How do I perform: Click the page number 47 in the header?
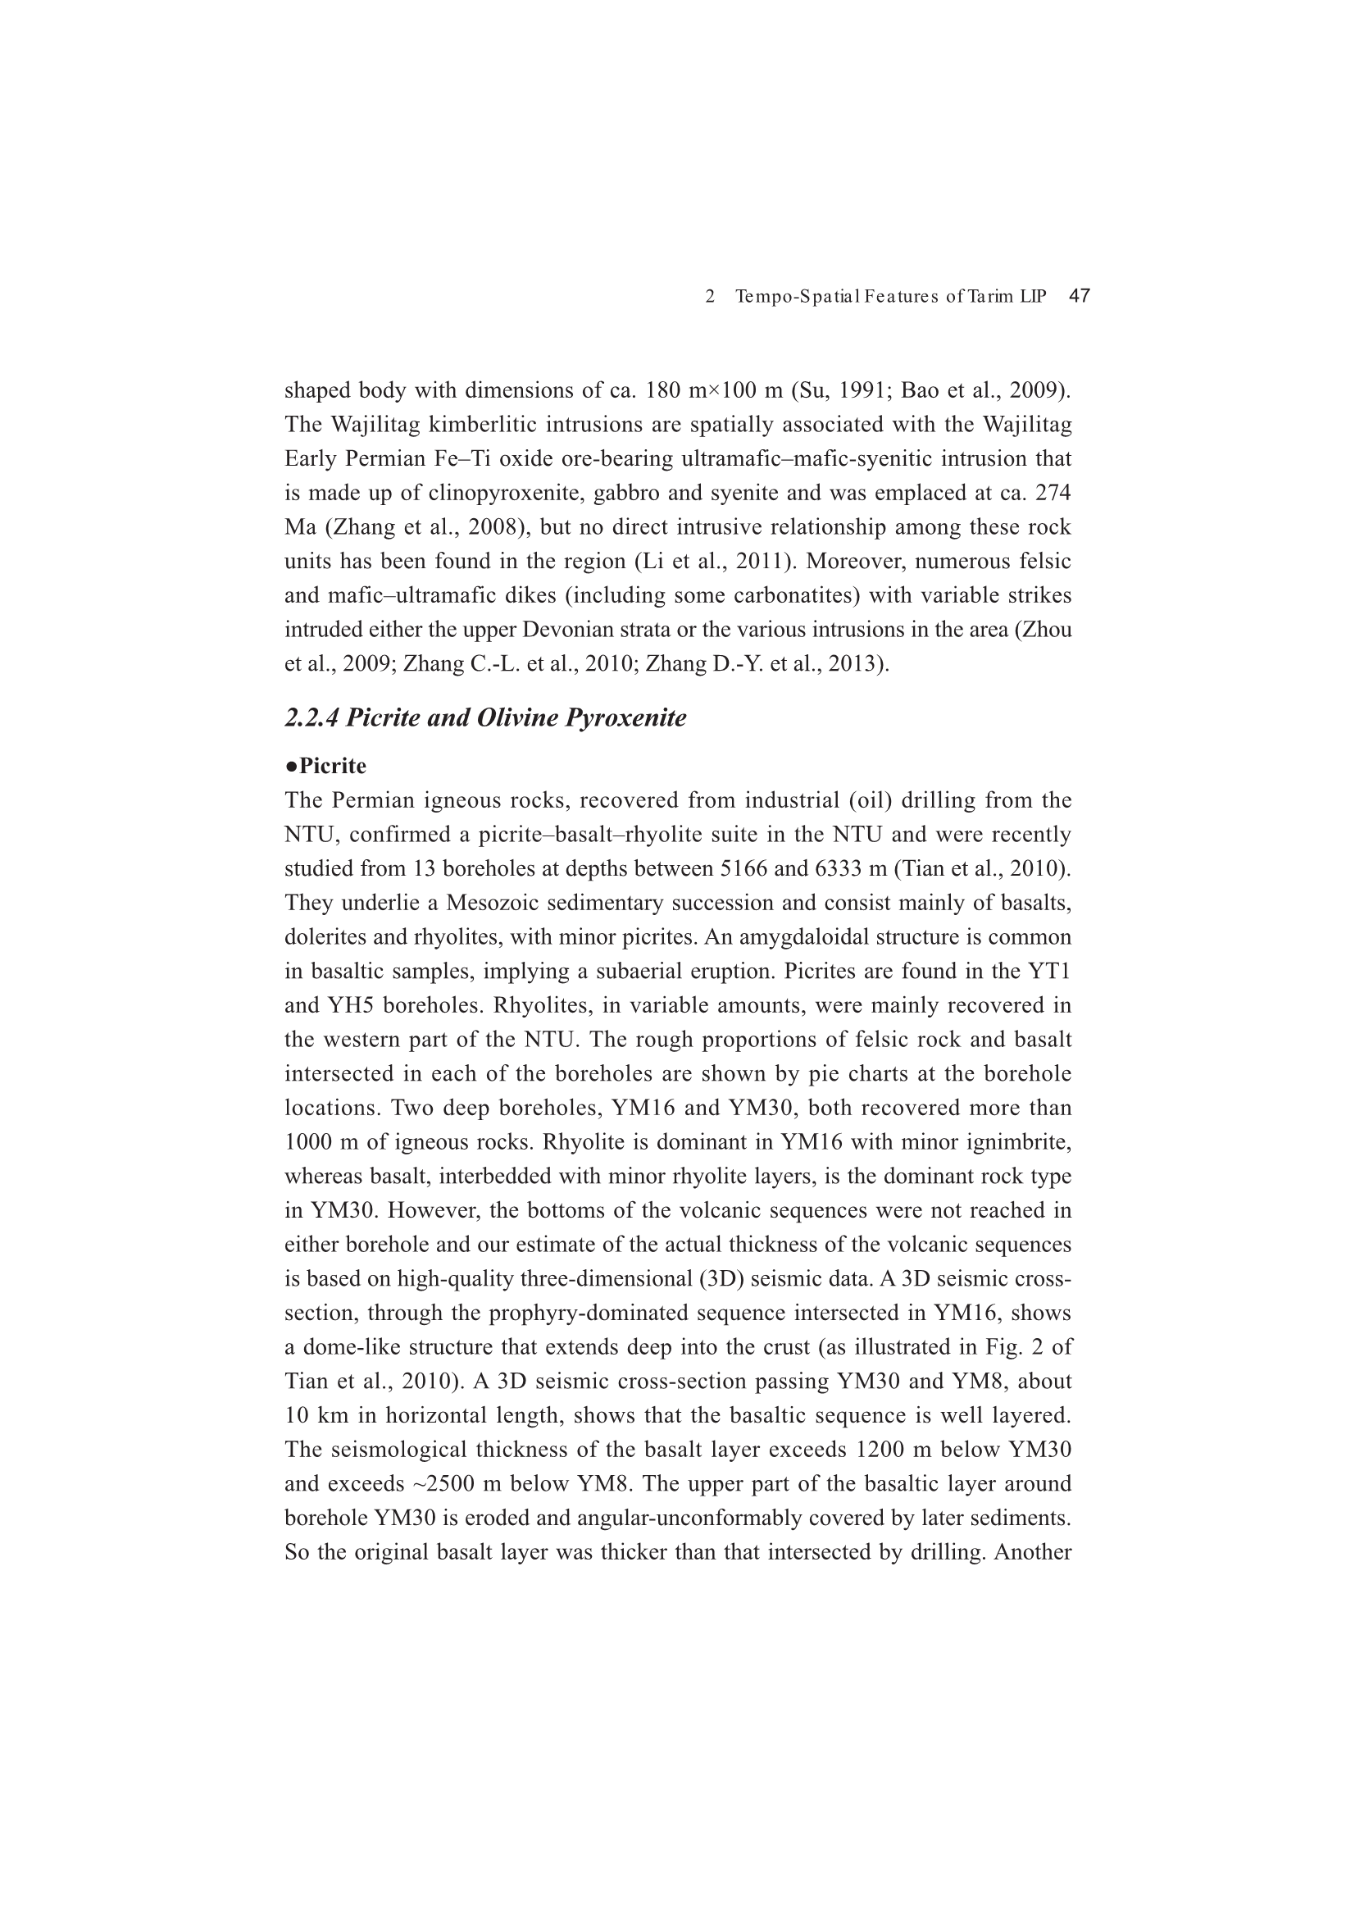tap(1079, 296)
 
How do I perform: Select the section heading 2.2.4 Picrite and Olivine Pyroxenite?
tap(485, 718)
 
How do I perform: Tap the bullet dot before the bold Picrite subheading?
tap(290, 766)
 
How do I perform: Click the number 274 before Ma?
tap(1053, 494)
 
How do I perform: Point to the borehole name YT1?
tap(1052, 972)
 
